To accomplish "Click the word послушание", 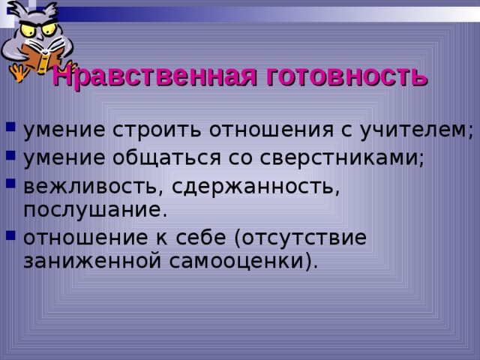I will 91,209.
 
